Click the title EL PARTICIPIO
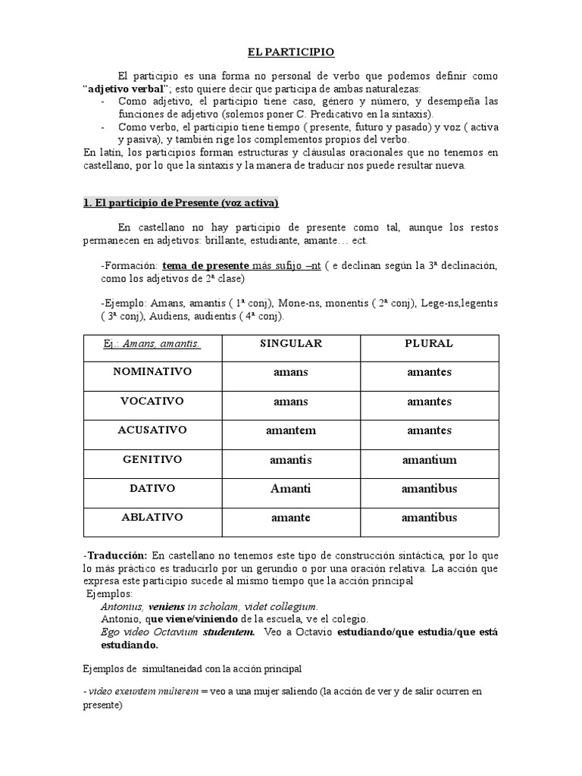click(291, 52)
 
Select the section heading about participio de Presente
click(180, 202)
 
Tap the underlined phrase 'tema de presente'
click(206, 266)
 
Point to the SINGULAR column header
click(291, 343)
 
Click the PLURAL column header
click(429, 343)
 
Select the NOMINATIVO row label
click(152, 372)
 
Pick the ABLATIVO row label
click(152, 518)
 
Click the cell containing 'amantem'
click(291, 430)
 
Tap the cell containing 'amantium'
click(429, 459)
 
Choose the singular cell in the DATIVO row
click(291, 489)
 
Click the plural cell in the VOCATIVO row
click(429, 401)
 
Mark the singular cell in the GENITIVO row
click(291, 459)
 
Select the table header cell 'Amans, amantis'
click(152, 344)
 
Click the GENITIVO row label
click(152, 459)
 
